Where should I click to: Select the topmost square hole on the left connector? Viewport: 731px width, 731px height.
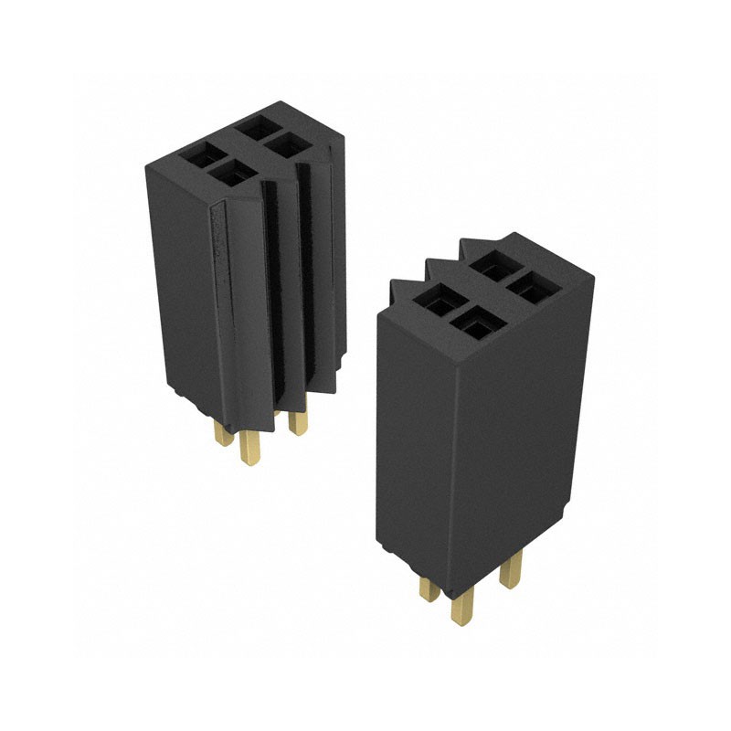[x=257, y=127]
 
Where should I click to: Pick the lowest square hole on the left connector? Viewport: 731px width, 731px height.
[x=228, y=175]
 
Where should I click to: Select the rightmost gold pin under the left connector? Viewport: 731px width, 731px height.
[x=296, y=421]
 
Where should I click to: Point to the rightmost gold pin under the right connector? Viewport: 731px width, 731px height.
[x=509, y=572]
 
